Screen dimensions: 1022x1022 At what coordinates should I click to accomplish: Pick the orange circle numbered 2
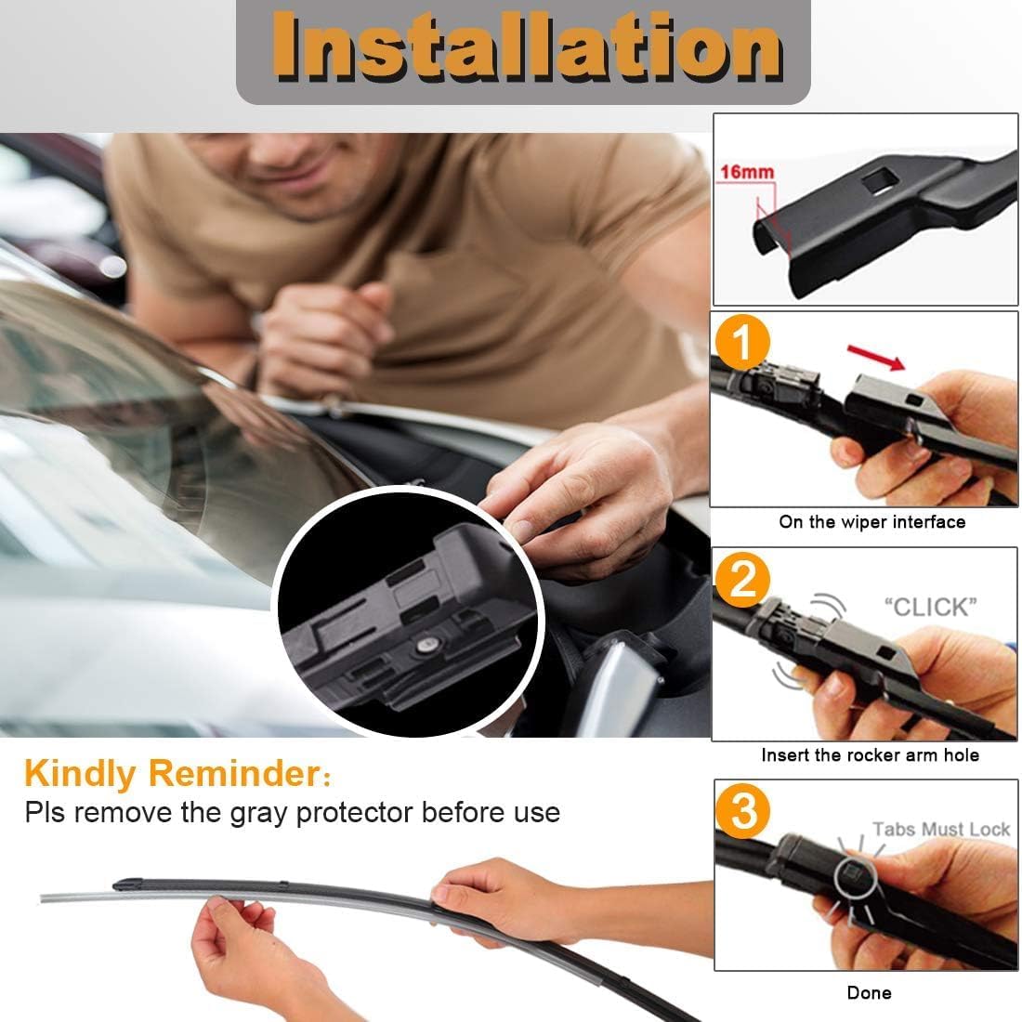click(x=743, y=582)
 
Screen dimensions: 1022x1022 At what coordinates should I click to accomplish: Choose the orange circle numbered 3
click(x=743, y=813)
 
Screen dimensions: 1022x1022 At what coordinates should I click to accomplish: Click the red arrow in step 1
click(x=878, y=356)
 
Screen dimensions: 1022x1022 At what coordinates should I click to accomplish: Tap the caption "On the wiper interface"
click(x=871, y=522)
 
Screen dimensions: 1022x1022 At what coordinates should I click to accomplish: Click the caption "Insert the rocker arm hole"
click(x=870, y=755)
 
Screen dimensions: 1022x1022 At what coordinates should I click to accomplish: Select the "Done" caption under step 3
click(x=869, y=993)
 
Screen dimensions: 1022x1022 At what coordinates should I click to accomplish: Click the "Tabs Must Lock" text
click(x=940, y=829)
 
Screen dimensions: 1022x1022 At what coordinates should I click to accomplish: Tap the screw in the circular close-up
click(x=426, y=642)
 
